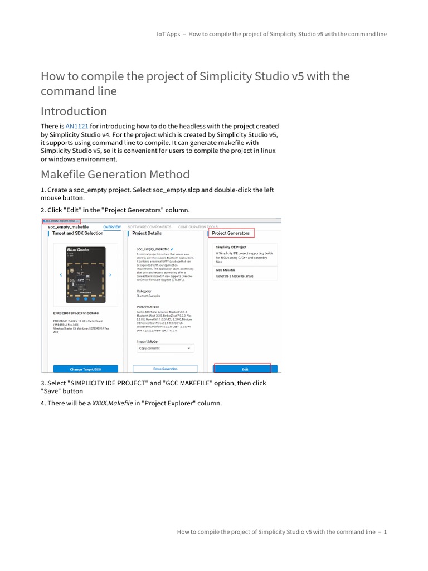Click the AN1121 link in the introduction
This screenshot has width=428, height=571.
tap(77, 127)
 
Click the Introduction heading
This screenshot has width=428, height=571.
tap(74, 111)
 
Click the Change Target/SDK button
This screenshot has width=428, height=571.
tap(85, 369)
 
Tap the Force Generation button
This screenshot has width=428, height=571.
tap(165, 369)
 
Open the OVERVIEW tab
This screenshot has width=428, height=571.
tap(112, 227)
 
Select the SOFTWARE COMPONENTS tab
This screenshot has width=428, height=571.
tap(149, 227)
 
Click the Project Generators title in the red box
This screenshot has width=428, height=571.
tap(231, 233)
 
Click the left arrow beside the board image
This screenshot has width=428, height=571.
tap(60, 275)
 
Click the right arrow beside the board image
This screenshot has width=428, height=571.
tap(110, 275)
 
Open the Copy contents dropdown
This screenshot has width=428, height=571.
tap(165, 348)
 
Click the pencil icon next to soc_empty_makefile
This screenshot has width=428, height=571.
tap(173, 248)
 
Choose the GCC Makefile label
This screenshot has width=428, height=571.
tap(225, 270)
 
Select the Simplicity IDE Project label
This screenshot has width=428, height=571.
tap(231, 246)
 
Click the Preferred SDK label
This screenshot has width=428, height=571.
tap(148, 307)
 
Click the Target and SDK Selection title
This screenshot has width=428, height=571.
tap(77, 233)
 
